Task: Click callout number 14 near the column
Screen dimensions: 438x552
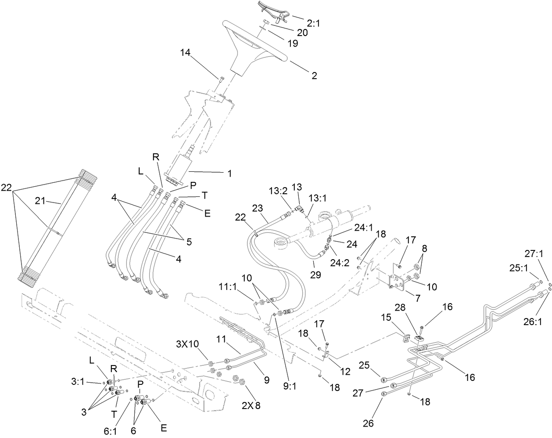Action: click(x=185, y=53)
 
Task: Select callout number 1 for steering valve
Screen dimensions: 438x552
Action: click(x=229, y=174)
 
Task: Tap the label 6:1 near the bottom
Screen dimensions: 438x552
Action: click(x=110, y=432)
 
